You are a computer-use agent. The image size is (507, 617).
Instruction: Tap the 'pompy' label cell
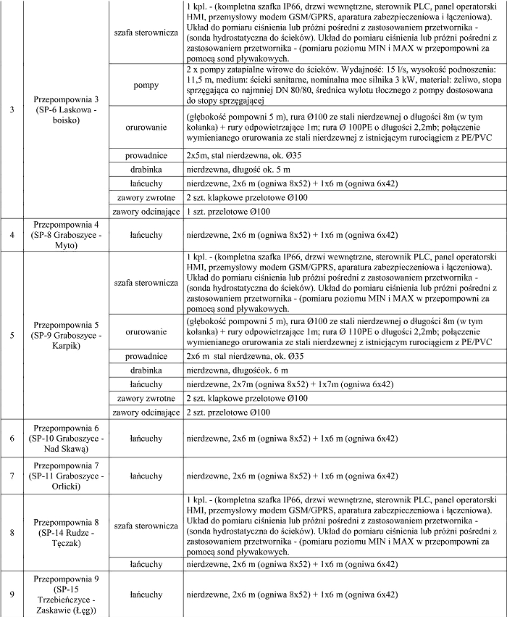click(146, 85)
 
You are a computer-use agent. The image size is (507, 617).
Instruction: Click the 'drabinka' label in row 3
click(146, 169)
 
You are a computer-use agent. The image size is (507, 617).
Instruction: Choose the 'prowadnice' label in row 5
click(146, 357)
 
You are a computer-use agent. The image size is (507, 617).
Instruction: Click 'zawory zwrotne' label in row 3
click(146, 197)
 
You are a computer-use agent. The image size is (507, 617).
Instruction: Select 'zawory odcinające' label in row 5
click(146, 412)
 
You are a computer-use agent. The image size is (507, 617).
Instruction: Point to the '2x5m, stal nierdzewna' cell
click(340, 155)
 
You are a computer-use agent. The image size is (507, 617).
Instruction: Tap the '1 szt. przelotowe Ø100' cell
click(340, 211)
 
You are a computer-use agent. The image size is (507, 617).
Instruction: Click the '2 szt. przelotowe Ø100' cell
click(340, 412)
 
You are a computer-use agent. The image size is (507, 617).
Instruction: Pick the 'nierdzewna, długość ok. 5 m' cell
click(340, 169)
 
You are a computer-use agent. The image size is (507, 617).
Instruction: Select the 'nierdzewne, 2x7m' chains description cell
click(340, 384)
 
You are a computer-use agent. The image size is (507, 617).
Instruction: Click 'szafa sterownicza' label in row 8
click(146, 526)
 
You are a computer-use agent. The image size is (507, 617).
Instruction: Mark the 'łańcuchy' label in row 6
click(146, 439)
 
